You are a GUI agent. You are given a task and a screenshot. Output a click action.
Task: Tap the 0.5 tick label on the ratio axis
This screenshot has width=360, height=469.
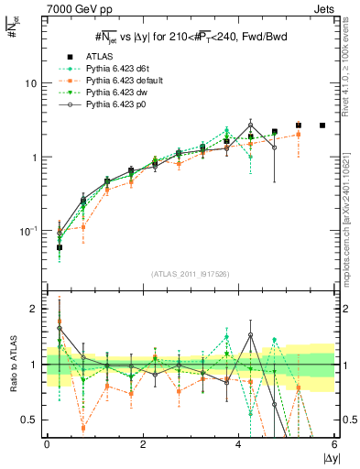pyautogui.click(x=30, y=420)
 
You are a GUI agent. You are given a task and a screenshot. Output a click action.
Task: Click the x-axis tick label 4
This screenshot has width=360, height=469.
pyautogui.click(x=239, y=443)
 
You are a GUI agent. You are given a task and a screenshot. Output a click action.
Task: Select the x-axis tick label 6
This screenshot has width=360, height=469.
pyautogui.click(x=334, y=443)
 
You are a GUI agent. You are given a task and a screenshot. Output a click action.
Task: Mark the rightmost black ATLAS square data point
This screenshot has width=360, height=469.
pyautogui.click(x=322, y=125)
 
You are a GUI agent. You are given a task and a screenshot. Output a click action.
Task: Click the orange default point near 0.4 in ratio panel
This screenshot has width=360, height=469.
pyautogui.click(x=83, y=428)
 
